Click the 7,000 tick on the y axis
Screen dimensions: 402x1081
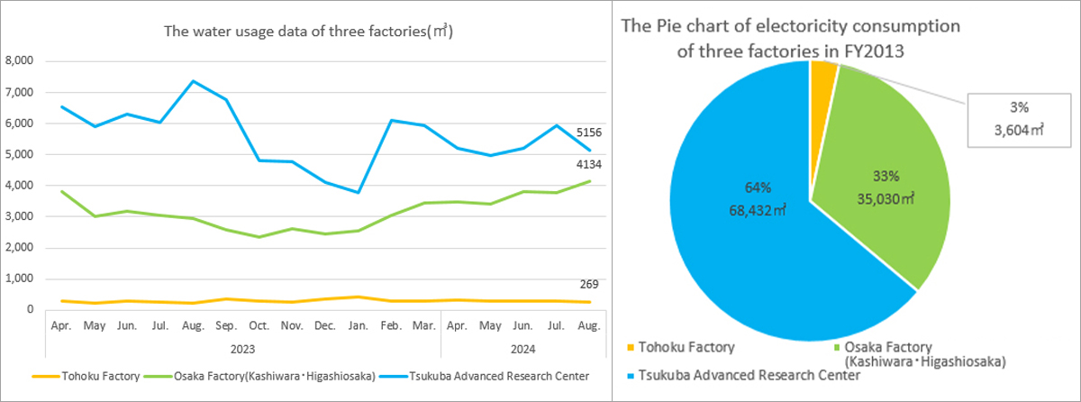[19, 92]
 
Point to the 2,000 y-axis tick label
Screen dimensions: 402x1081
[19, 248]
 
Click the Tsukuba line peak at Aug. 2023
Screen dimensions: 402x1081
[193, 81]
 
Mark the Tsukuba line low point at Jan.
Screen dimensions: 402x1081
[359, 192]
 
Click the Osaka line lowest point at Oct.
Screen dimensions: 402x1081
[259, 237]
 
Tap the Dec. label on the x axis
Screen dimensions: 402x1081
[325, 325]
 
